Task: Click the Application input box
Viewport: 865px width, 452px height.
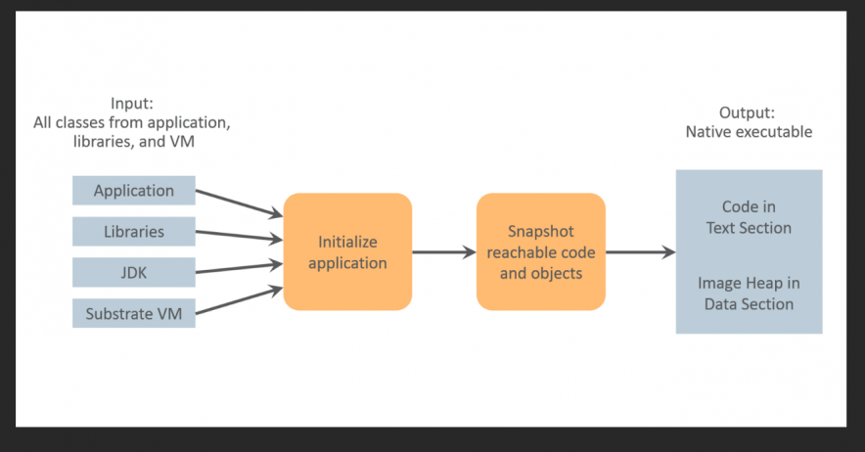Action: click(134, 191)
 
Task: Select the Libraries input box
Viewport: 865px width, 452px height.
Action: click(134, 232)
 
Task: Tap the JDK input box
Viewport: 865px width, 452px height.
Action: click(134, 273)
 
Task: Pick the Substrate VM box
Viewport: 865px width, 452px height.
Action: click(134, 314)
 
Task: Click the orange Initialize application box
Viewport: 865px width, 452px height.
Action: click(347, 251)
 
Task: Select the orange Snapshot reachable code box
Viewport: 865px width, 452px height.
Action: click(540, 251)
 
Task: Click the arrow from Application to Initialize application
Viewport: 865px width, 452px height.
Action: click(239, 203)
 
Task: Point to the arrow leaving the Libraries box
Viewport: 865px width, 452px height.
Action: click(239, 236)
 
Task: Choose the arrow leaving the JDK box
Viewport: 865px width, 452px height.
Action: click(239, 267)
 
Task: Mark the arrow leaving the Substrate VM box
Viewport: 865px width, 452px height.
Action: click(239, 300)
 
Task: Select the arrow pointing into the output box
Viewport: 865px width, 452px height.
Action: click(640, 252)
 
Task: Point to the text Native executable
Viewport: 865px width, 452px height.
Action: click(749, 132)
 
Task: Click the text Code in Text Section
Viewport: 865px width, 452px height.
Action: click(749, 217)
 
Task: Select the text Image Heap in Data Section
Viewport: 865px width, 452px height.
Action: click(749, 294)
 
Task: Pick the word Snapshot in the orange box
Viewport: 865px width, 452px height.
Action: click(540, 232)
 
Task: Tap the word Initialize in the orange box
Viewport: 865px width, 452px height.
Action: click(347, 242)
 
